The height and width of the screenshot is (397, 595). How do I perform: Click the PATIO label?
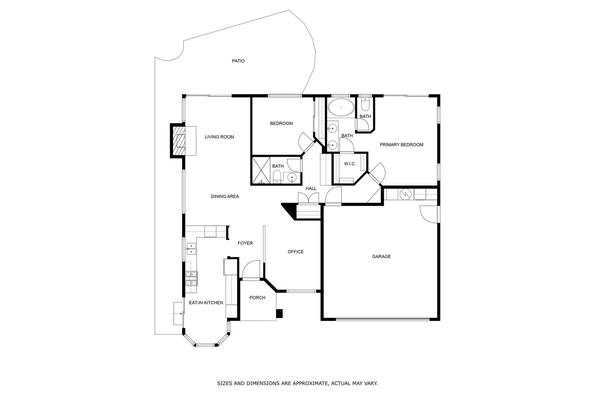click(238, 61)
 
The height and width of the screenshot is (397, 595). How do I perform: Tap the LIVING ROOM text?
click(219, 137)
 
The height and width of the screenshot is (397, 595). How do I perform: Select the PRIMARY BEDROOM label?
click(401, 145)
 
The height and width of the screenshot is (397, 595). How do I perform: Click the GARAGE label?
click(381, 256)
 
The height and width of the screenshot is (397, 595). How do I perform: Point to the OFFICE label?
click(296, 252)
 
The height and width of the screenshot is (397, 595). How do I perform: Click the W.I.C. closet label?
click(350, 164)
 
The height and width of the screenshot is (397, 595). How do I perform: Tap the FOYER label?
click(245, 243)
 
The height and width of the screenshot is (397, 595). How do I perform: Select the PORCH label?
click(257, 298)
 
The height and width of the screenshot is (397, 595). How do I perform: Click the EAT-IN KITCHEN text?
click(206, 303)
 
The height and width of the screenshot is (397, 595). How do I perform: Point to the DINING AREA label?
click(225, 197)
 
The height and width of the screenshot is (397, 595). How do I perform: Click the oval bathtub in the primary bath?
click(341, 107)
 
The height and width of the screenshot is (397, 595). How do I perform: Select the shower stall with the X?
click(261, 170)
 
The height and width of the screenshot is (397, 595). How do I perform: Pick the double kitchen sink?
click(191, 248)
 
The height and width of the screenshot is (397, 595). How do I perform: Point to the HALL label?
click(311, 189)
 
